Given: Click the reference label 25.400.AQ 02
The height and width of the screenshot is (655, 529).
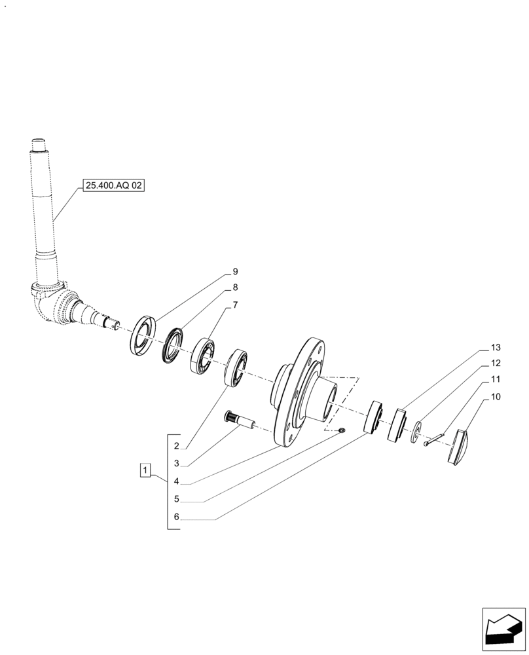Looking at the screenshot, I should tap(113, 186).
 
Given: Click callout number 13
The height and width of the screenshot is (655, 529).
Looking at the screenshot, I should tap(495, 346).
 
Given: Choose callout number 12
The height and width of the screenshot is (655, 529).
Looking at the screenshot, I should tap(495, 363).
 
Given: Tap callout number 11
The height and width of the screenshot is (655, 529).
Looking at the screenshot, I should tap(495, 379).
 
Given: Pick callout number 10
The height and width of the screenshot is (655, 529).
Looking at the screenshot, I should tap(495, 396).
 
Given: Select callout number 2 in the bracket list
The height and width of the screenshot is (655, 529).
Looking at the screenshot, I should tap(177, 446).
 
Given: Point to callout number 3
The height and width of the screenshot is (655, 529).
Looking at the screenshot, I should tap(177, 464).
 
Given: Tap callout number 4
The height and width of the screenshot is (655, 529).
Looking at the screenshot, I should tap(177, 481).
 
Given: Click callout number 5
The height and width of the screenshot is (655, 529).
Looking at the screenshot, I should tap(177, 499).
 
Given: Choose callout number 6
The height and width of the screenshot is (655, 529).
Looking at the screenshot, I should tap(177, 517).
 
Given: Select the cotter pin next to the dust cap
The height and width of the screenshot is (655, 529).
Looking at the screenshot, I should tap(434, 439).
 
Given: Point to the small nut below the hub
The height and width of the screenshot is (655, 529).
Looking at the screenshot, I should tap(342, 430).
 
